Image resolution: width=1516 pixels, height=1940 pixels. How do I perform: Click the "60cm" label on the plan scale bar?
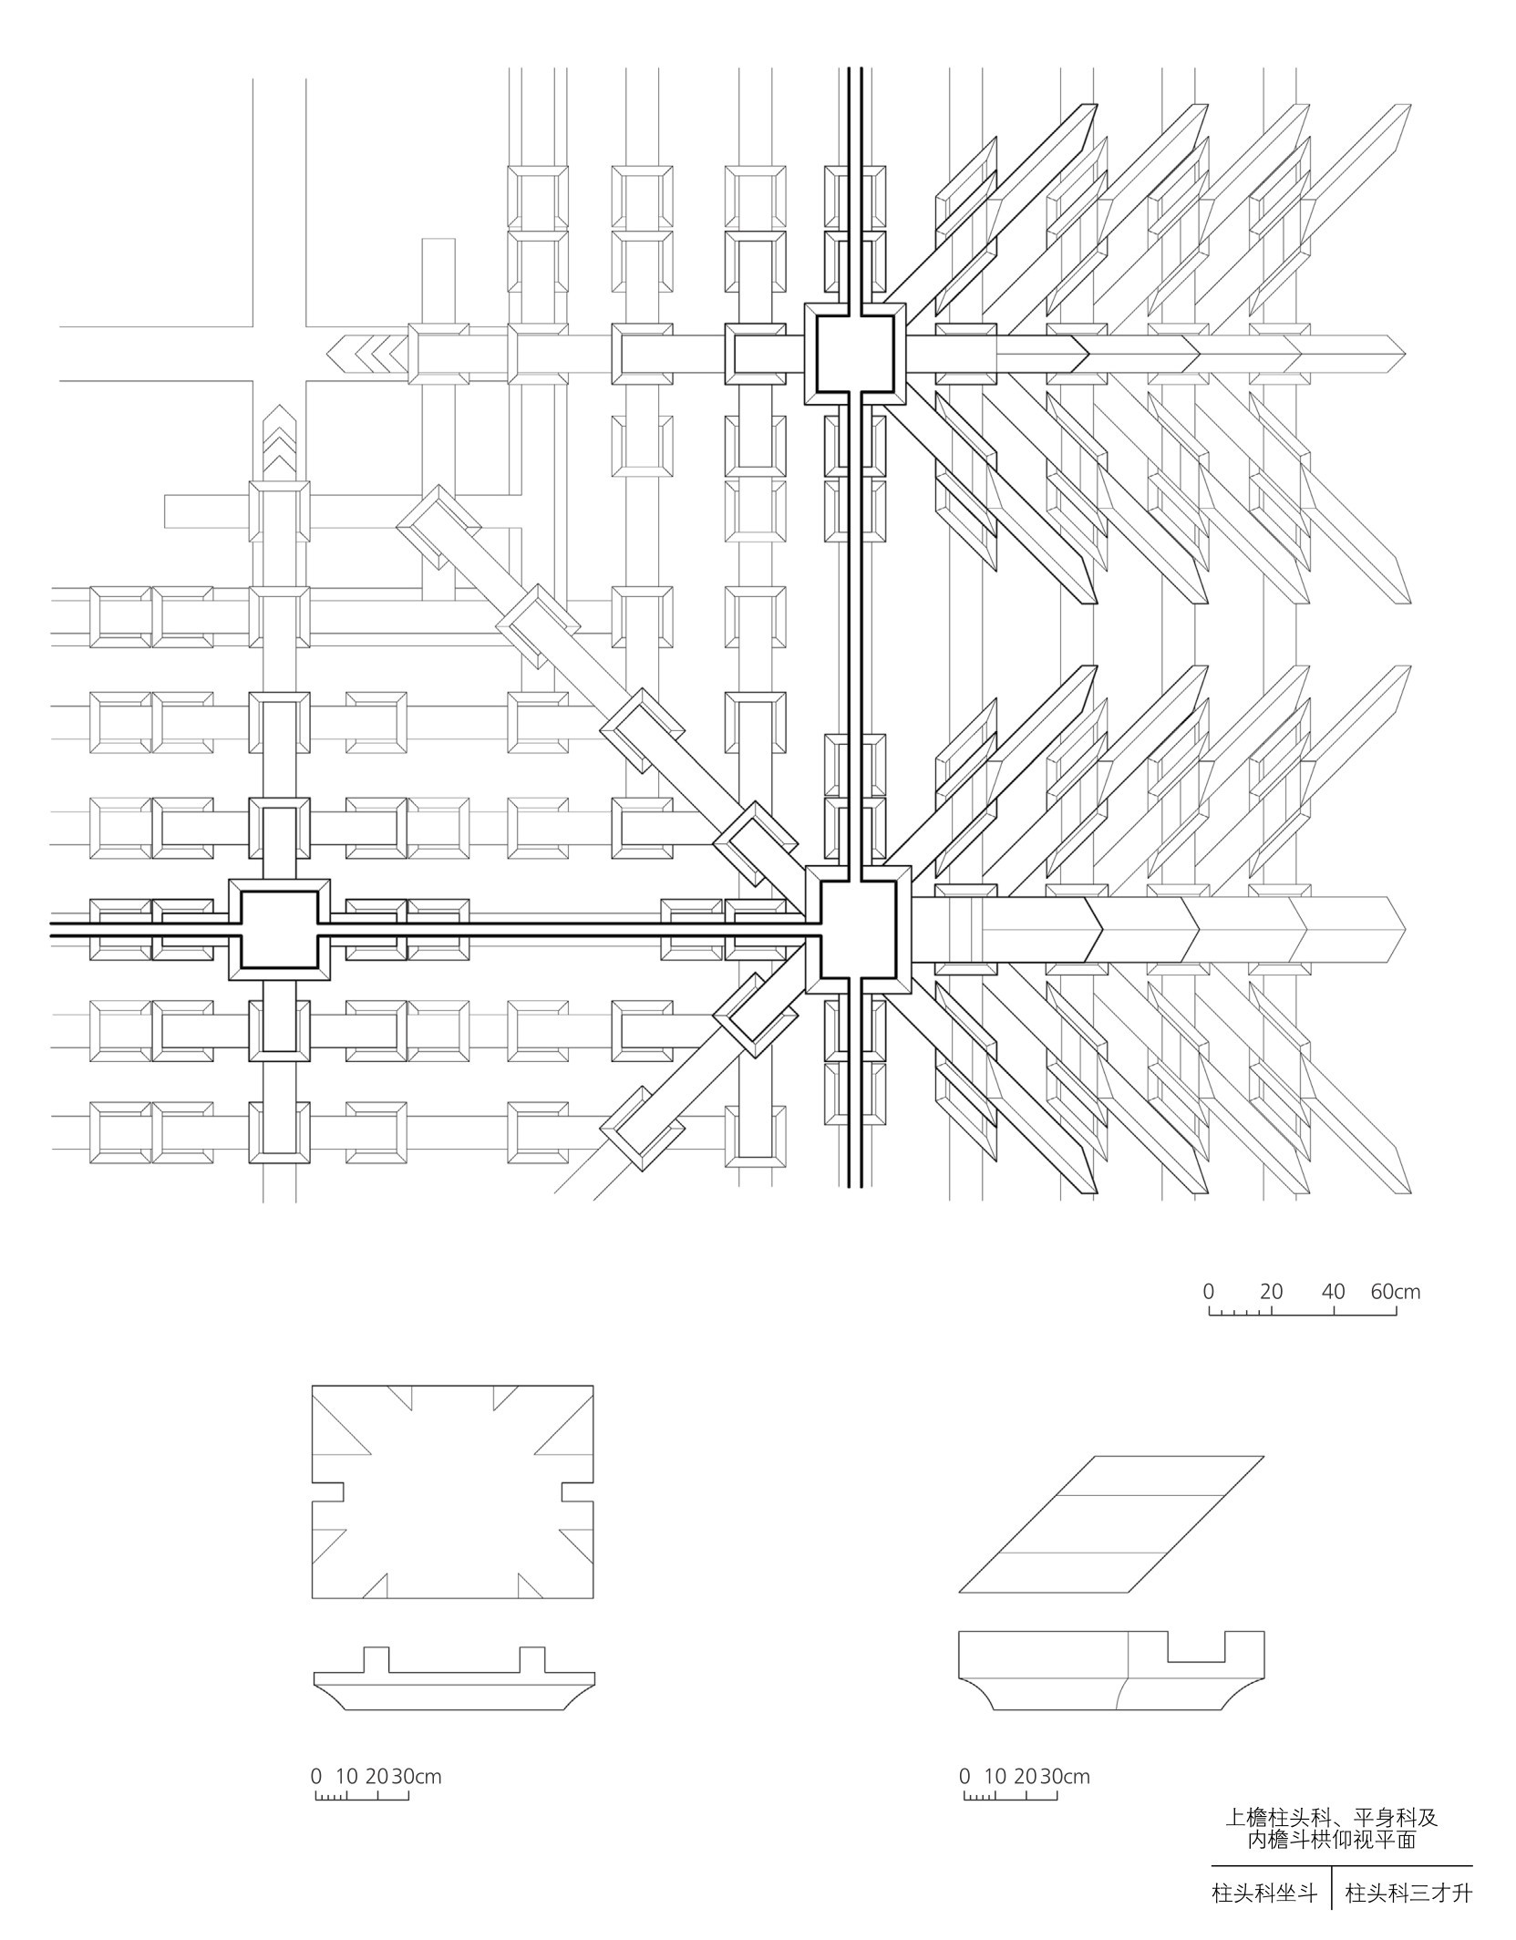[x=1395, y=1291]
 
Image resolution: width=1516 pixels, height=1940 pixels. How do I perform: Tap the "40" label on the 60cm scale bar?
[x=1333, y=1291]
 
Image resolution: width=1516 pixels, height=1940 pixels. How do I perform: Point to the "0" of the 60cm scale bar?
[x=1209, y=1291]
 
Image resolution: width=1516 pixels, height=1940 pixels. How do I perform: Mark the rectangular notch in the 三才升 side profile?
[x=1197, y=1648]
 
